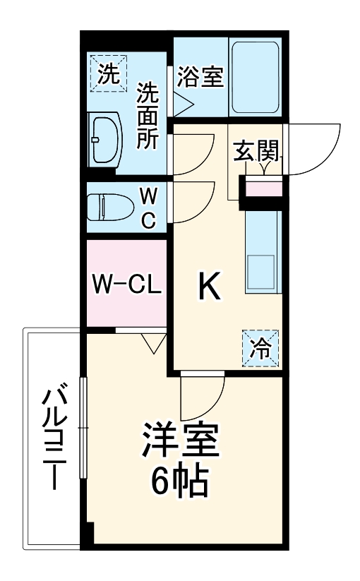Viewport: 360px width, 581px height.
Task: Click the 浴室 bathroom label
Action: pos(200,77)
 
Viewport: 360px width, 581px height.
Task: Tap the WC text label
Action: pos(148,208)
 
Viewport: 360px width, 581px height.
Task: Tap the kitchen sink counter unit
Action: pos(263,251)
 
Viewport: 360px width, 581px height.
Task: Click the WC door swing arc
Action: pos(194,201)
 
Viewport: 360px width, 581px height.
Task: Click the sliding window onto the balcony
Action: pos(83,428)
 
